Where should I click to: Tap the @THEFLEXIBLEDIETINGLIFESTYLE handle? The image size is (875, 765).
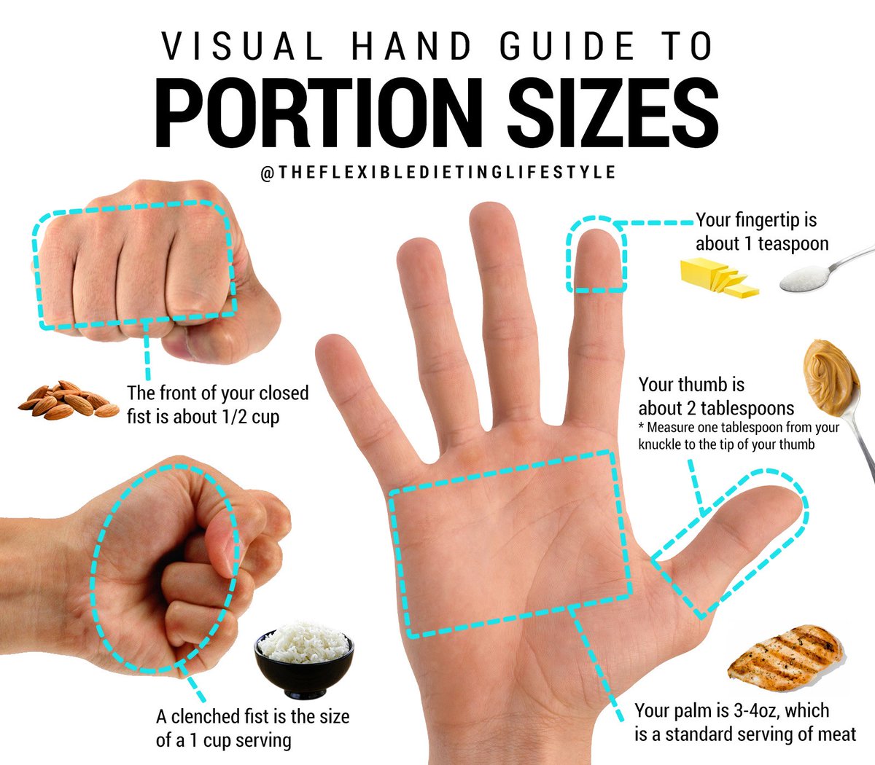[437, 173]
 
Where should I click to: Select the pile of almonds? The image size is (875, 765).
[67, 400]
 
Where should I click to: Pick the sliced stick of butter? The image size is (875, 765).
[718, 278]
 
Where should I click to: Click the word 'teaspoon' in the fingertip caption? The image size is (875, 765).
[793, 243]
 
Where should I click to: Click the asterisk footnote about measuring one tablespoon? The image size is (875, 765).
[738, 436]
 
